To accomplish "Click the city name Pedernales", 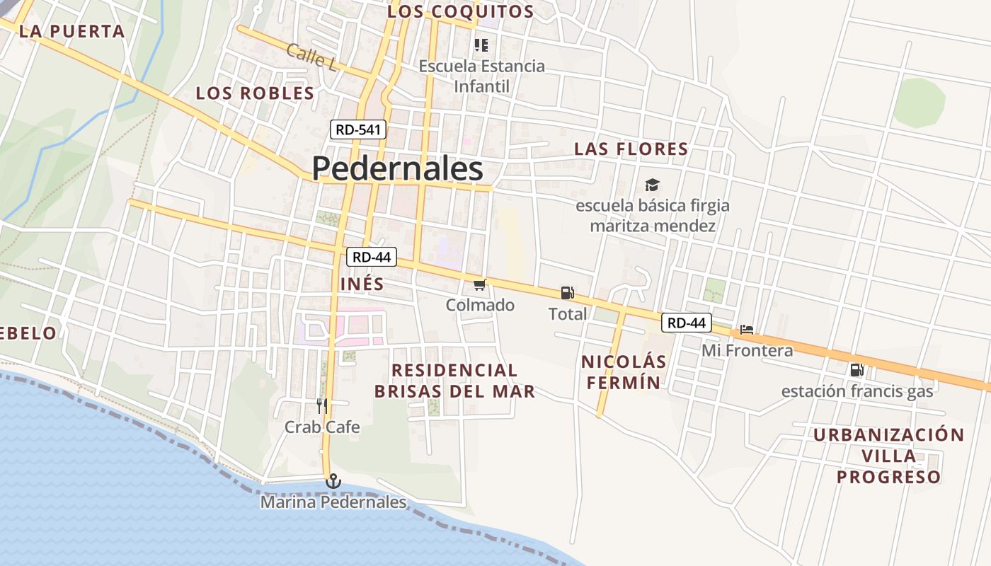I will pyautogui.click(x=397, y=169).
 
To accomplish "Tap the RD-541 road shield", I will pyautogui.click(x=358, y=129).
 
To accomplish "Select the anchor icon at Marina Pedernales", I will pyautogui.click(x=333, y=482).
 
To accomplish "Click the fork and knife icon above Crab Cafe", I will pyautogui.click(x=322, y=405).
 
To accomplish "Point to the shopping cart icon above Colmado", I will pyautogui.click(x=480, y=284).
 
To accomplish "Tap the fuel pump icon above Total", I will pyautogui.click(x=567, y=292).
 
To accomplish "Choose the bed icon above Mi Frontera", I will pyautogui.click(x=746, y=329).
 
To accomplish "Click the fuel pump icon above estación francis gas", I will pyautogui.click(x=857, y=369).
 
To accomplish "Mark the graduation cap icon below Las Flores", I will pyautogui.click(x=652, y=185).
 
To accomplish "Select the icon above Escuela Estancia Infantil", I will pyautogui.click(x=481, y=45).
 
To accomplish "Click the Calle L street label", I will pyautogui.click(x=312, y=57).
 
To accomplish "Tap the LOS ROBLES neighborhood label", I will pyautogui.click(x=255, y=93).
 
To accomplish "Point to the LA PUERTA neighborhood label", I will pyautogui.click(x=72, y=31).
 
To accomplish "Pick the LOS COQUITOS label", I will pyautogui.click(x=461, y=11).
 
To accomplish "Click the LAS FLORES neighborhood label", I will pyautogui.click(x=631, y=149).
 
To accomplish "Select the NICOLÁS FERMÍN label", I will pyautogui.click(x=624, y=372).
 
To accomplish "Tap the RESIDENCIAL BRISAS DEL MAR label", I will pyautogui.click(x=454, y=381).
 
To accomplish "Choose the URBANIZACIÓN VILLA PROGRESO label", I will pyautogui.click(x=888, y=456).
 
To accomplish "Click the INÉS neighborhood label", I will pyautogui.click(x=362, y=284).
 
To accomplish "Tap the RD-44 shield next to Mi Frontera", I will pyautogui.click(x=687, y=323).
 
